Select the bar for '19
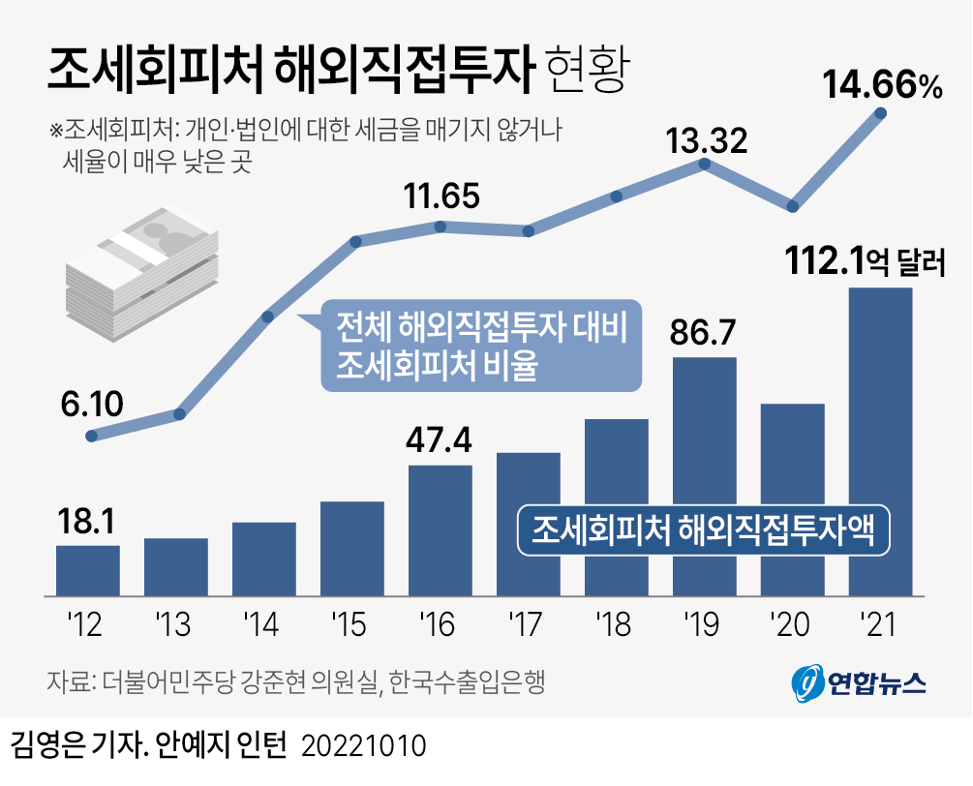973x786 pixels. coord(704,475)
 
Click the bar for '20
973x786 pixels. coord(792,499)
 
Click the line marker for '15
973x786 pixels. coord(355,241)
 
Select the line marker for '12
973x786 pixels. coord(92,436)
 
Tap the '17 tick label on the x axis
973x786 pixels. coord(528,625)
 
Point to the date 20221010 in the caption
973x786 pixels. coord(365,746)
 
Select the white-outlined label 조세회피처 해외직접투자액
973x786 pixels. coord(704,530)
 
